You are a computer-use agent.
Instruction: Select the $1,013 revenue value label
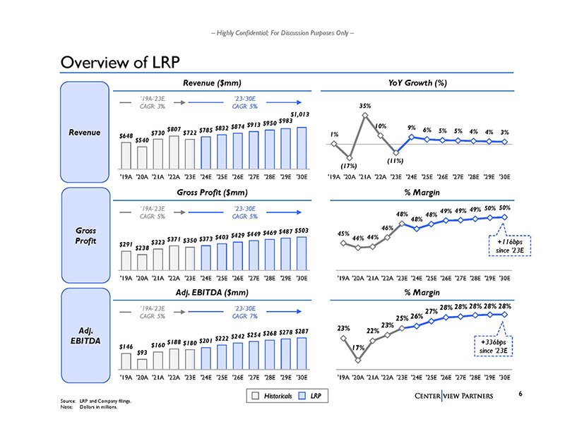tap(300, 113)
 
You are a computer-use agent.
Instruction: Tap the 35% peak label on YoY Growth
tap(365, 106)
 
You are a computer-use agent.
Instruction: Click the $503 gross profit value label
tap(302, 230)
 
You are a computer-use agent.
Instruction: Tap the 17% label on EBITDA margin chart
tap(358, 348)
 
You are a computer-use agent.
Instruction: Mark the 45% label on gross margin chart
tap(343, 234)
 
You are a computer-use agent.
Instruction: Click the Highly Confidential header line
tap(282, 34)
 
